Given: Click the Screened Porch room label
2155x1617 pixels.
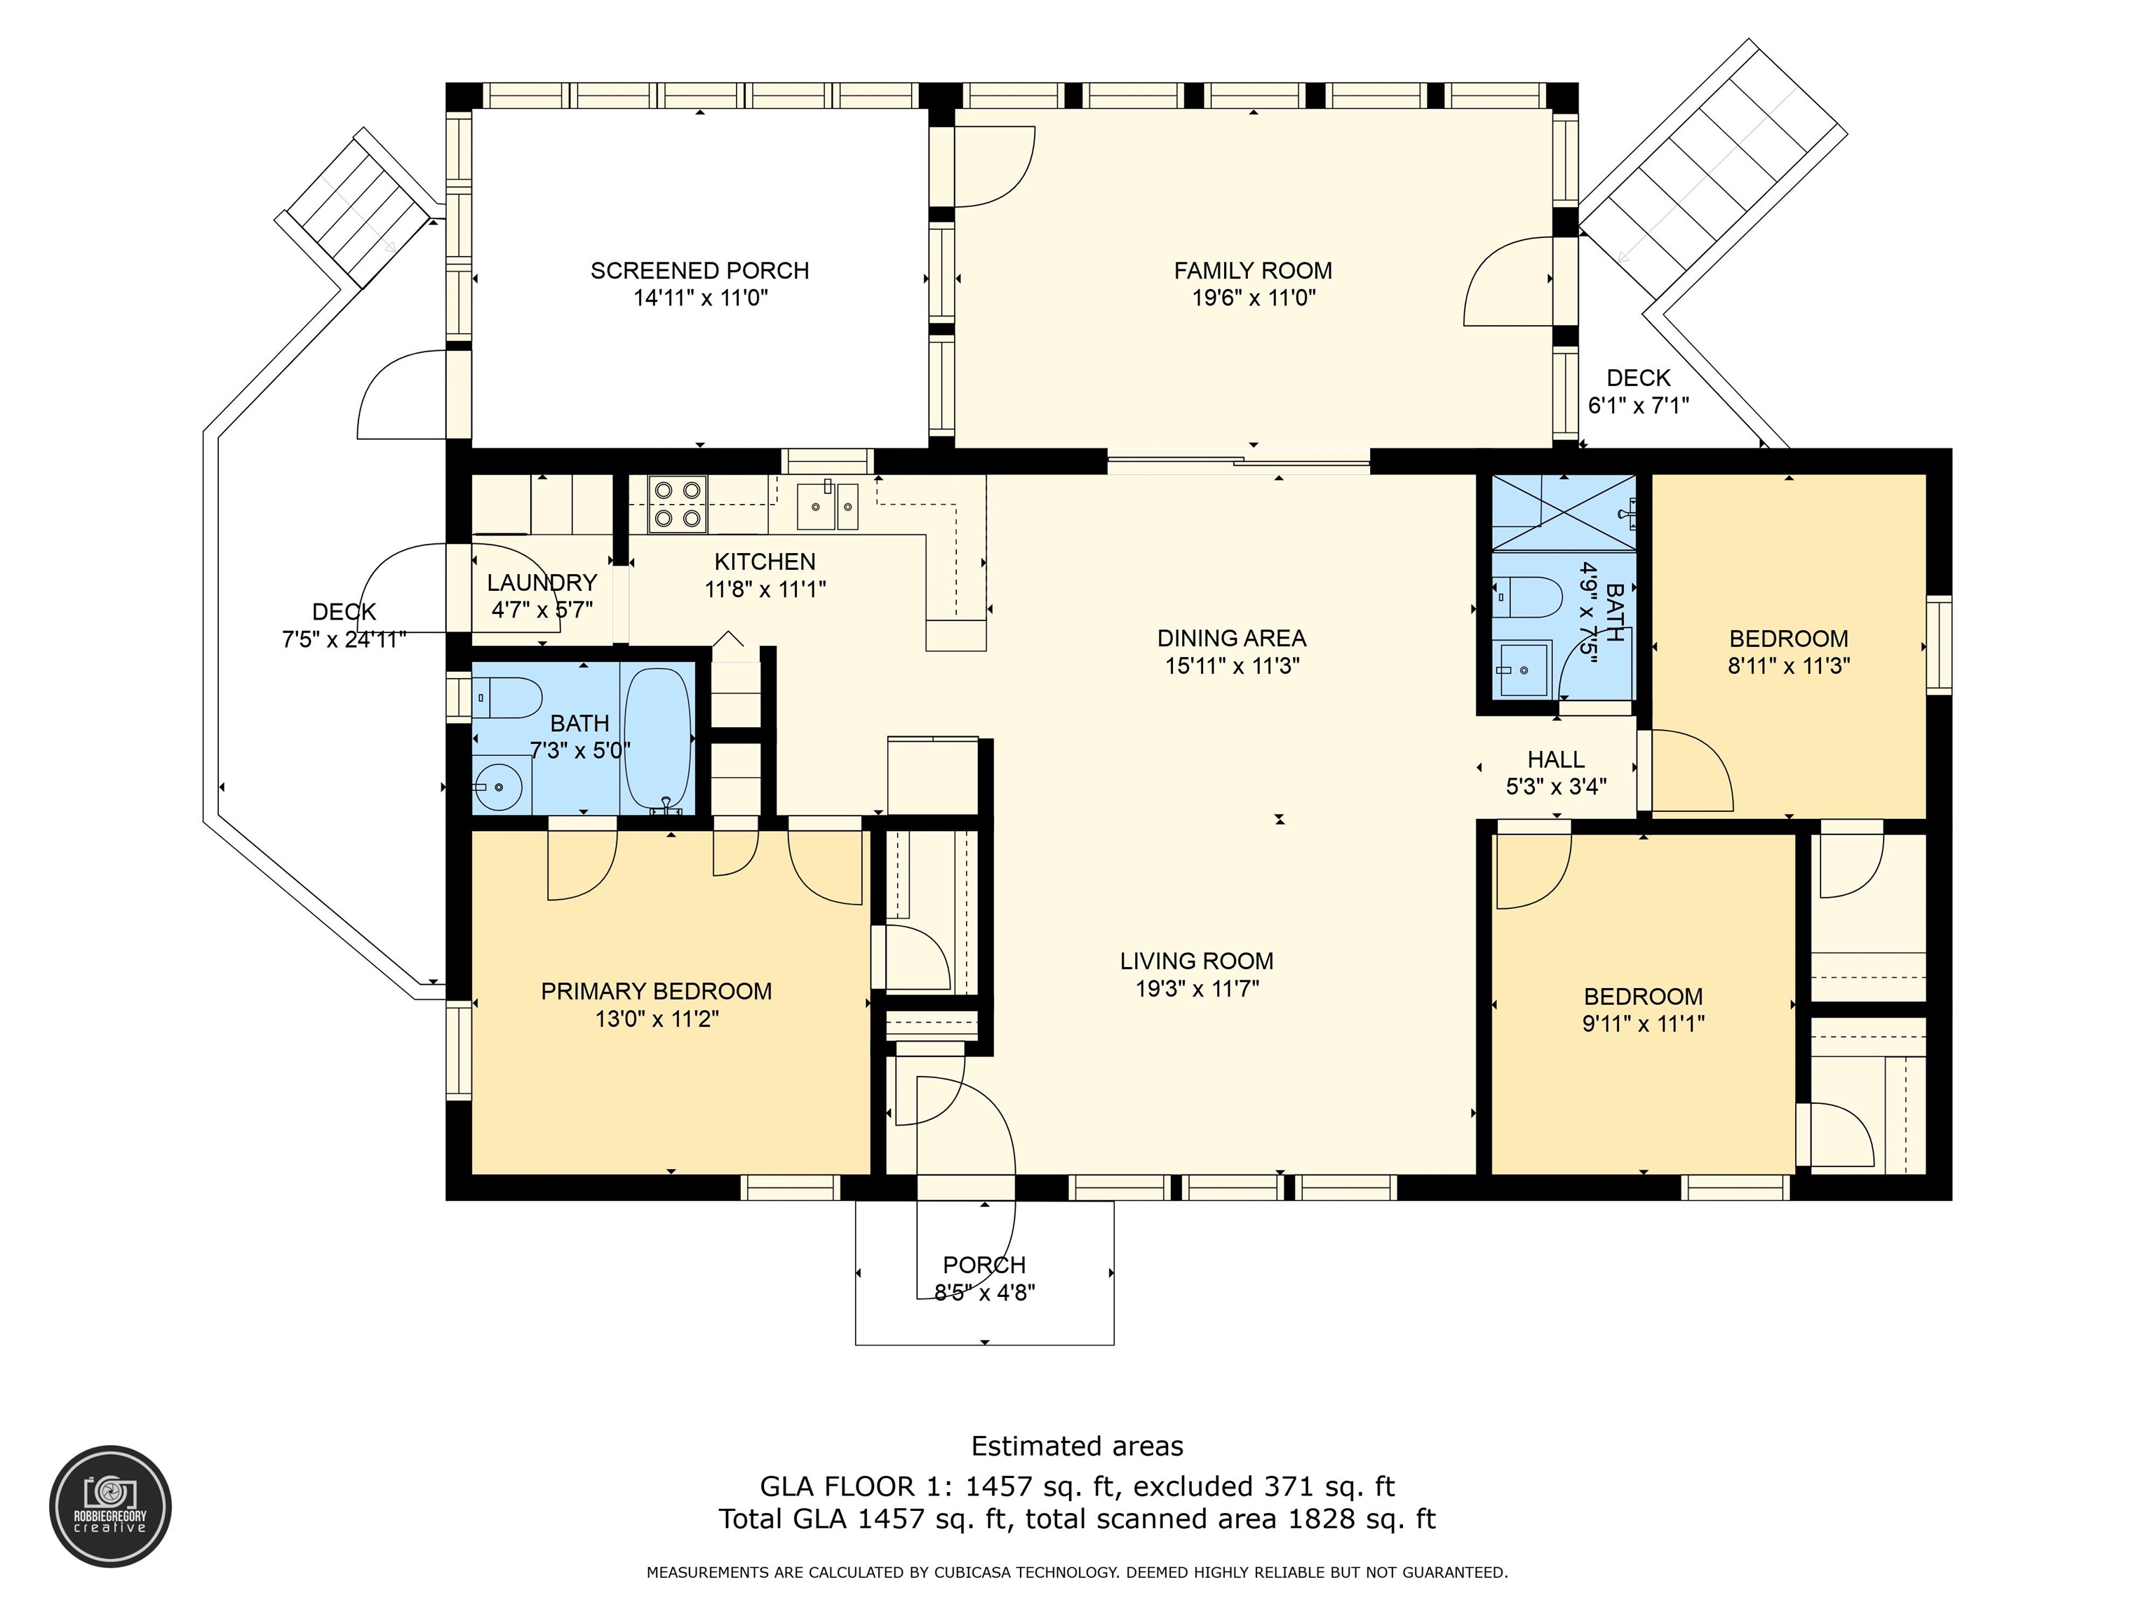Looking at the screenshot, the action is coord(699,271).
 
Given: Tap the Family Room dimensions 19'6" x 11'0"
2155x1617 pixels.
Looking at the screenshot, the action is coord(1254,298).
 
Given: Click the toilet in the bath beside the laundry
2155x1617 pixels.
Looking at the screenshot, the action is coord(508,698).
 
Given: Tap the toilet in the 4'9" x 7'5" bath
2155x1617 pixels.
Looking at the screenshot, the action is coord(1528,597).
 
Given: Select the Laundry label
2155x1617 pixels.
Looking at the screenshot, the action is coord(542,583).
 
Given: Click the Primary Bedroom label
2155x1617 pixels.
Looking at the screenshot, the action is coord(657,991).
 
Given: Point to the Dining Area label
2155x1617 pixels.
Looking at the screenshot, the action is coord(1231,639).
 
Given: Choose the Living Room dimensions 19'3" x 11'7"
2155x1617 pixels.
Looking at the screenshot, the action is coord(1197,988).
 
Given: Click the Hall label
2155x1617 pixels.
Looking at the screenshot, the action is coord(1556,759).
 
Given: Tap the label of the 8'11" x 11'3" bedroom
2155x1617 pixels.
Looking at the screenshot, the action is coord(1789,639).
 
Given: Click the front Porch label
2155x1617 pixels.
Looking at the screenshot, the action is coord(984,1265).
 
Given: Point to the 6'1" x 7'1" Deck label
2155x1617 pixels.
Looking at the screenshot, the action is coord(1639,378).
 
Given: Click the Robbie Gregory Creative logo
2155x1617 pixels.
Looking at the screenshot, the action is coord(111,1506).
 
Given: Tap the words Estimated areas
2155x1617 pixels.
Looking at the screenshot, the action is coord(1077,1446).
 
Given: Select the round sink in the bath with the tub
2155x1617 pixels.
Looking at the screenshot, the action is coord(497,785).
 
